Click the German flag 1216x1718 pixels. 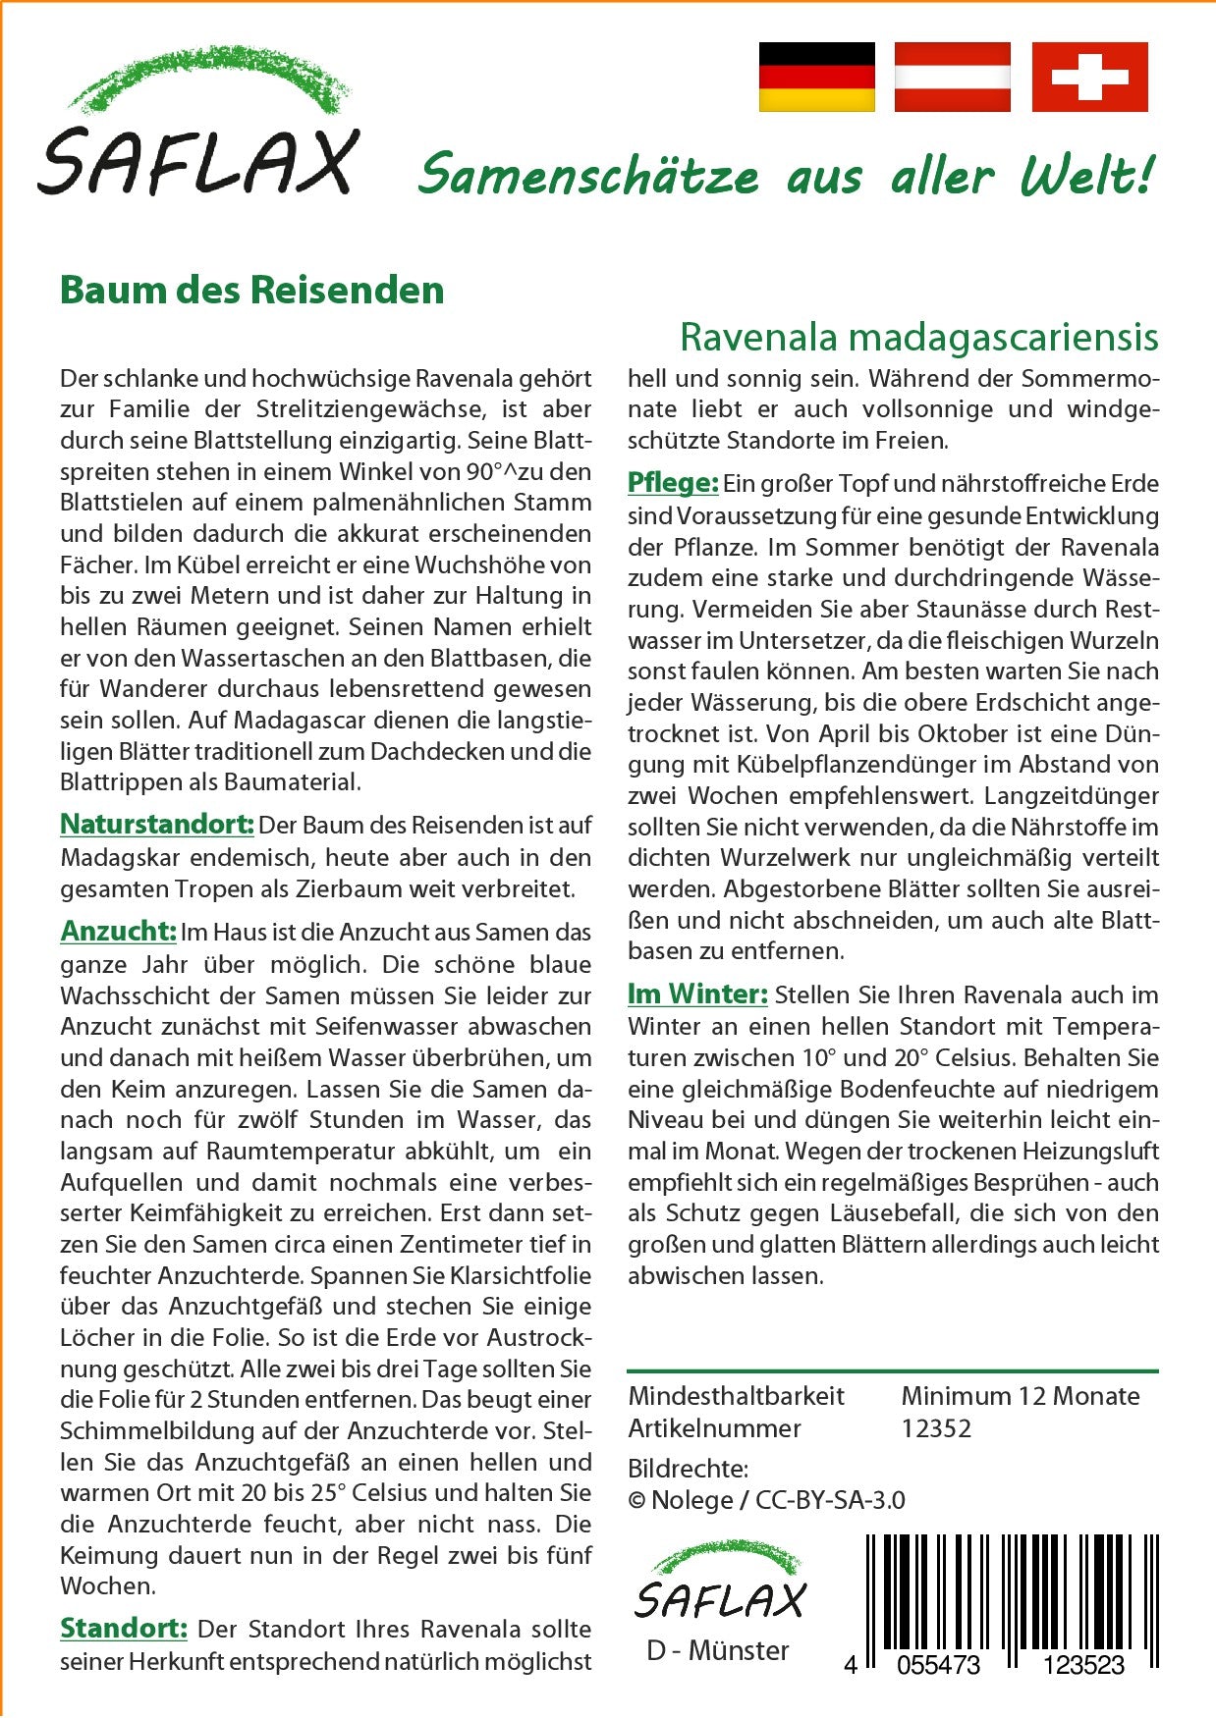[816, 77]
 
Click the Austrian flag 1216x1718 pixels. [952, 77]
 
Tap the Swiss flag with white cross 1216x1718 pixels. [1089, 77]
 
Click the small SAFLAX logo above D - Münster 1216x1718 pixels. [719, 1582]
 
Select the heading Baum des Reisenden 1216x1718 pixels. [252, 291]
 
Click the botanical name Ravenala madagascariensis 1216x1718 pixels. [918, 337]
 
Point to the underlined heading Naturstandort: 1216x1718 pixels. [157, 825]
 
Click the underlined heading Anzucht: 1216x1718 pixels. [118, 931]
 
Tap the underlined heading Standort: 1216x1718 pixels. [124, 1629]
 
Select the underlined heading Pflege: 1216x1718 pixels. [673, 483]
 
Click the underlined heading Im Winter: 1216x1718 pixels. [697, 994]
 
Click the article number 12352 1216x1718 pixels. [936, 1428]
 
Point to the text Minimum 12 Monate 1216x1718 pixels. [1020, 1396]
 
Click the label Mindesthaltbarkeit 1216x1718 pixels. [736, 1396]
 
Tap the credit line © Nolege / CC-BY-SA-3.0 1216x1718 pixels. [766, 1500]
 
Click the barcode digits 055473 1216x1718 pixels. [939, 1665]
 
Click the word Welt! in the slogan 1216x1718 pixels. [1085, 177]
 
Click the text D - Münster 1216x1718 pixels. [718, 1650]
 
